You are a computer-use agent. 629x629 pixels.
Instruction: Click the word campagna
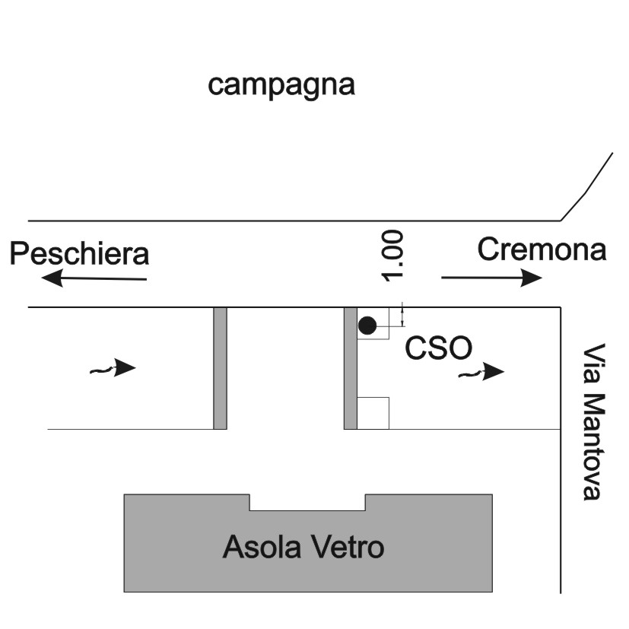click(281, 86)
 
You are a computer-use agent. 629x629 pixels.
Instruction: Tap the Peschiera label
click(79, 253)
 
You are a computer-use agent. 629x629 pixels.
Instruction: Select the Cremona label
click(542, 249)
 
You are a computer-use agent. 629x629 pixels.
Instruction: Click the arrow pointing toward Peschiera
click(94, 278)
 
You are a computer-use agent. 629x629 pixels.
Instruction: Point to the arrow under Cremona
click(492, 278)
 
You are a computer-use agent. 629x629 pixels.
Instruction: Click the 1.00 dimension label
click(392, 256)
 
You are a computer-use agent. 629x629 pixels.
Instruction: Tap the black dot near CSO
click(367, 326)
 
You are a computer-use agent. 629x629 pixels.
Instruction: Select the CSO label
click(438, 348)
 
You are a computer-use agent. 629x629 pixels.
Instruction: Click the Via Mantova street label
click(593, 421)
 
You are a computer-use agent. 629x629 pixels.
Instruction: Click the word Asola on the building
click(262, 547)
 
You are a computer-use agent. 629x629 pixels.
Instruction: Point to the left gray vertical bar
click(221, 368)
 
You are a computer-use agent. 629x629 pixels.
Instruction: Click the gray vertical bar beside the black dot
click(351, 368)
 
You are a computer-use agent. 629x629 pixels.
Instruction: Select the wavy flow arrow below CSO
click(481, 372)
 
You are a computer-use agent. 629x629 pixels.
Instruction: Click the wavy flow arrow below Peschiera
click(113, 368)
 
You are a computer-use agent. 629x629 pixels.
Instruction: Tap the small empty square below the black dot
click(373, 413)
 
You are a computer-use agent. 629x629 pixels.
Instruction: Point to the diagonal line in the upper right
click(586, 187)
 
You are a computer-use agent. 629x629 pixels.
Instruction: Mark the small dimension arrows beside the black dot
click(403, 315)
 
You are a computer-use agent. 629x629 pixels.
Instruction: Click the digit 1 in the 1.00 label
click(392, 276)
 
